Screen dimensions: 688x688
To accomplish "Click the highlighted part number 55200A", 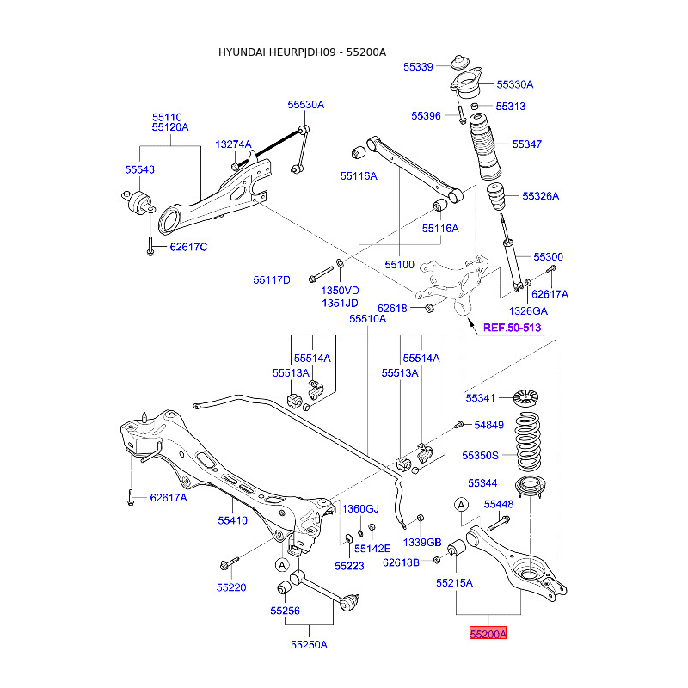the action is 488,633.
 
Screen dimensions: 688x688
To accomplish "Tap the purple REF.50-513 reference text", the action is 512,328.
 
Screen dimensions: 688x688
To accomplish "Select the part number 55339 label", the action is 418,67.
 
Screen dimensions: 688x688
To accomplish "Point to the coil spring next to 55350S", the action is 528,442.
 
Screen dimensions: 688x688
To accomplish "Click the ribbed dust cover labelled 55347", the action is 485,147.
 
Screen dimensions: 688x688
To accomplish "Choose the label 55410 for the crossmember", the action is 232,520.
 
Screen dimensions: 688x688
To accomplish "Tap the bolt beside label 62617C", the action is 150,246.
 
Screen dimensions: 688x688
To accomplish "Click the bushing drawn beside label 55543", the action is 138,202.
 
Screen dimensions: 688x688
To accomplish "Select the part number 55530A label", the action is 306,104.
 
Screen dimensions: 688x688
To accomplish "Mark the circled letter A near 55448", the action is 461,505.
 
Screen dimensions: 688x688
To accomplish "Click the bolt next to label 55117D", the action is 321,273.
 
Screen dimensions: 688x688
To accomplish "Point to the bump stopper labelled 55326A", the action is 496,197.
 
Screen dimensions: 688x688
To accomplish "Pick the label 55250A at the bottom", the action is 309,644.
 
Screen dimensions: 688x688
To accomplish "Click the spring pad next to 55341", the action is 525,397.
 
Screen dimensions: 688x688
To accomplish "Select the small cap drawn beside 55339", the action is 460,62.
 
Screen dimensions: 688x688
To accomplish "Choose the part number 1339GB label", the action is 422,543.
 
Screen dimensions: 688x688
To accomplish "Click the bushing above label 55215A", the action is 458,547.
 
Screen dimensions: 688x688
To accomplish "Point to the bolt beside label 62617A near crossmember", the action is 131,497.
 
